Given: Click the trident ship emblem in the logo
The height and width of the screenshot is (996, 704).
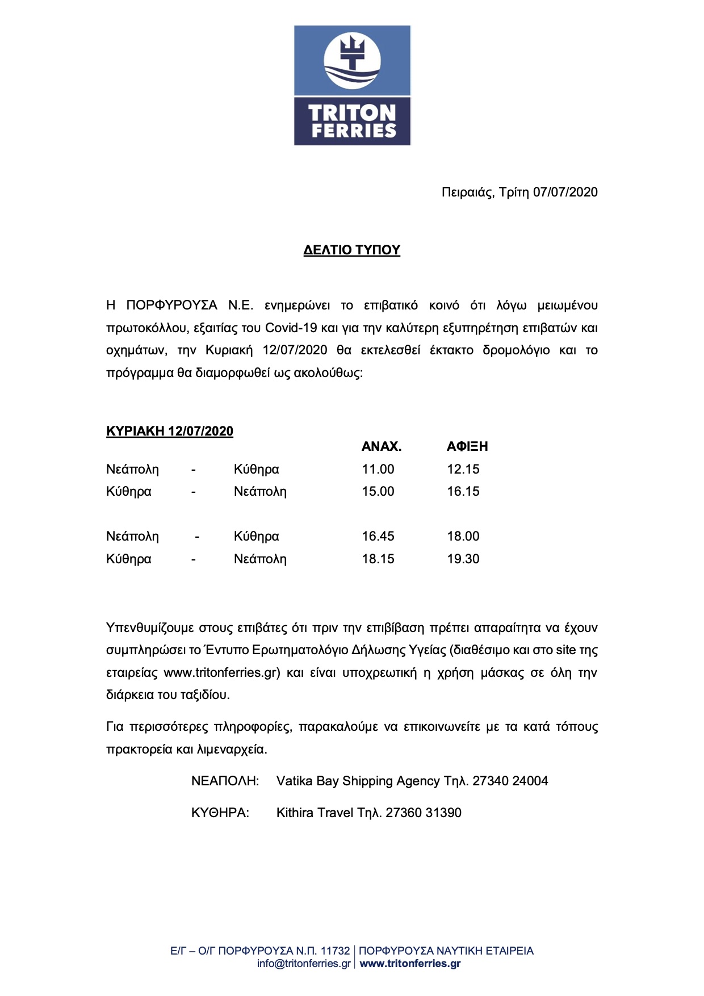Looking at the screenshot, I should [x=352, y=60].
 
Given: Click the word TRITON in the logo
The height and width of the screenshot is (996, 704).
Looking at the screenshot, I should [x=352, y=112].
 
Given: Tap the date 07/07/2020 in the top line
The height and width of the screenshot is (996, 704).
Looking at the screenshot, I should [x=565, y=192].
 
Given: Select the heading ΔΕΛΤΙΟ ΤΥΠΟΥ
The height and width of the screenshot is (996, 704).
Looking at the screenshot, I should [x=352, y=250].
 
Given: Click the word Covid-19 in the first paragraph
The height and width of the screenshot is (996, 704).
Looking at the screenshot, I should [x=291, y=328].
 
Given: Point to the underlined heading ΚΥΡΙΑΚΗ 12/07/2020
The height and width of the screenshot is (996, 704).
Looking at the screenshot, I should [x=170, y=432].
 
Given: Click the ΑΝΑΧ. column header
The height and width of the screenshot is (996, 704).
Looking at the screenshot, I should [x=382, y=447].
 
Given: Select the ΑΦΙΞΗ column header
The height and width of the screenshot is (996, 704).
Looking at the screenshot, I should [x=467, y=447].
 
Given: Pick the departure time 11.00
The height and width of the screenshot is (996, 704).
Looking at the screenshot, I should [x=378, y=470].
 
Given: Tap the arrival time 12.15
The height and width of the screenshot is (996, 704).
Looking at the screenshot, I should [x=463, y=470].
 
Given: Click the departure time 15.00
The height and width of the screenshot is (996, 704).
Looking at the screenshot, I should [x=378, y=492].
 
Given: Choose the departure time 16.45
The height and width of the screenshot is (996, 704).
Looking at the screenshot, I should [x=378, y=537].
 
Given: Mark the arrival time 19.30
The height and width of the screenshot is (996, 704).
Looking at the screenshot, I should [x=463, y=559].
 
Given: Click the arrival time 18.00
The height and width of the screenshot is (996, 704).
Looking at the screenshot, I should [x=463, y=537].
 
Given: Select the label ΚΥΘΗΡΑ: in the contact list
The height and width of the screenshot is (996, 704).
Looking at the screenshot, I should [x=220, y=813].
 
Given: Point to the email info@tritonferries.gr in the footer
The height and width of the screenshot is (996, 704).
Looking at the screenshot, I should [x=304, y=964].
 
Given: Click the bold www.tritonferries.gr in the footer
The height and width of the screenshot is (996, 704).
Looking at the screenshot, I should [x=410, y=964].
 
